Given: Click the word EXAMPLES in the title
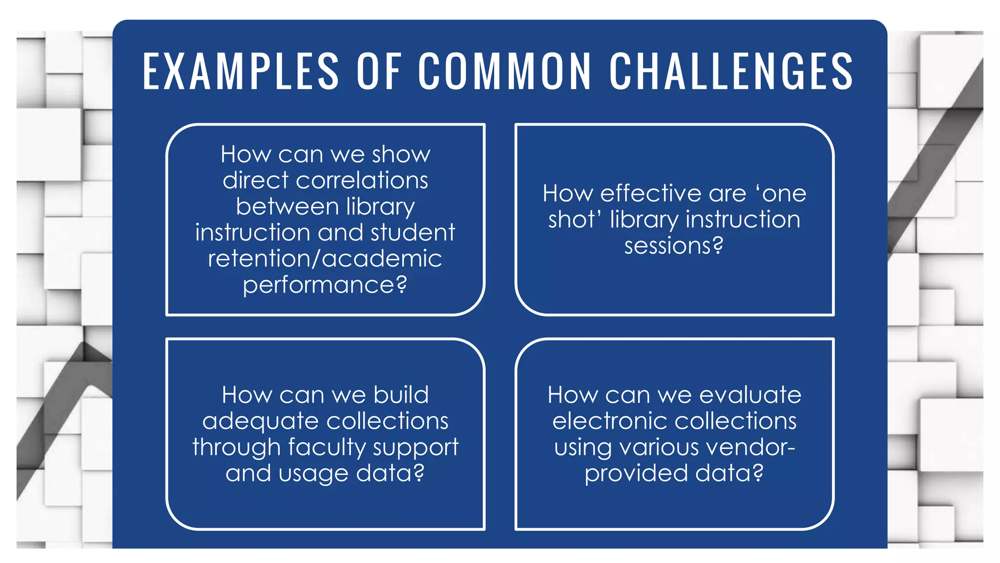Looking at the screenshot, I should point(241,72).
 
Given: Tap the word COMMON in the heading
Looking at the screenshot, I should point(505,72).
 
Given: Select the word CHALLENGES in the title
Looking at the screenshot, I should point(731,72).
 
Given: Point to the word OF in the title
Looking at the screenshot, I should point(379,72).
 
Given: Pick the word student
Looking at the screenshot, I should point(413,232).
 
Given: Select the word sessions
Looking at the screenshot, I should point(667,245).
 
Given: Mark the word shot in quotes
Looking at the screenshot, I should point(569,219).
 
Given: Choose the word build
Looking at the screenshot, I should point(401,395).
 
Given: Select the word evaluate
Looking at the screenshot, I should point(750,395).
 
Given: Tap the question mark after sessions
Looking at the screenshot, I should point(718,245).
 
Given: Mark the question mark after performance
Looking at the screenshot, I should point(401,284).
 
